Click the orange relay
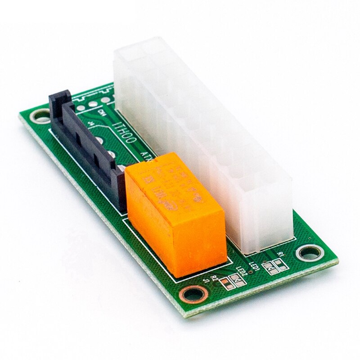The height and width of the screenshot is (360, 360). click(175, 216)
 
